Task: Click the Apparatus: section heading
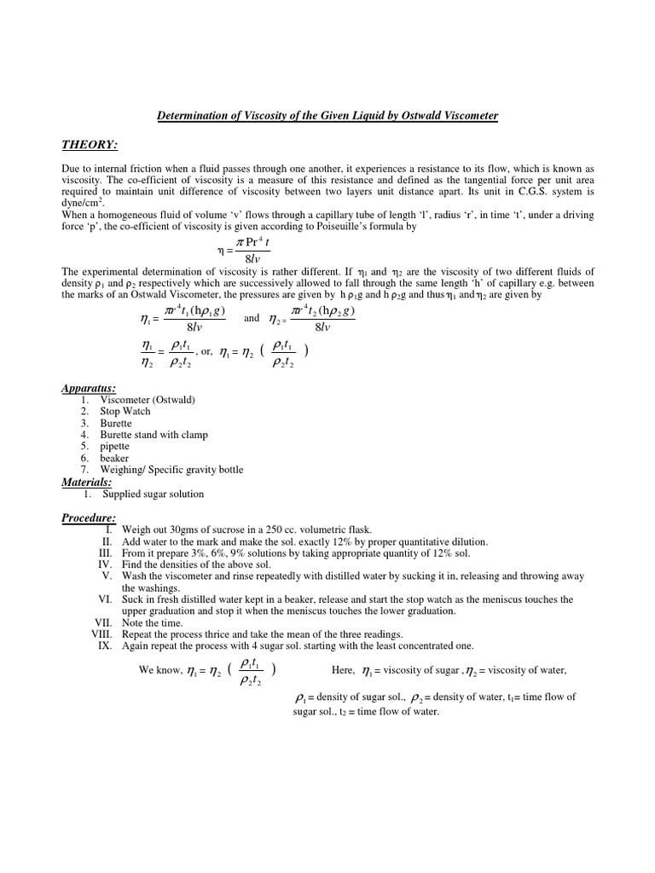(x=89, y=389)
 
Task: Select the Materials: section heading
(x=88, y=482)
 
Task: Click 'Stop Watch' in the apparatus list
(x=125, y=412)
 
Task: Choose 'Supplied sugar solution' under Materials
(x=154, y=494)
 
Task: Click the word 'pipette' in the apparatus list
(x=115, y=447)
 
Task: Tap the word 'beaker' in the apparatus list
(x=114, y=458)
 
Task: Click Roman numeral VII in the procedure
(x=104, y=623)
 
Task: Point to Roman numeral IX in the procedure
(x=107, y=646)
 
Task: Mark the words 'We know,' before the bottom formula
(x=159, y=670)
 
